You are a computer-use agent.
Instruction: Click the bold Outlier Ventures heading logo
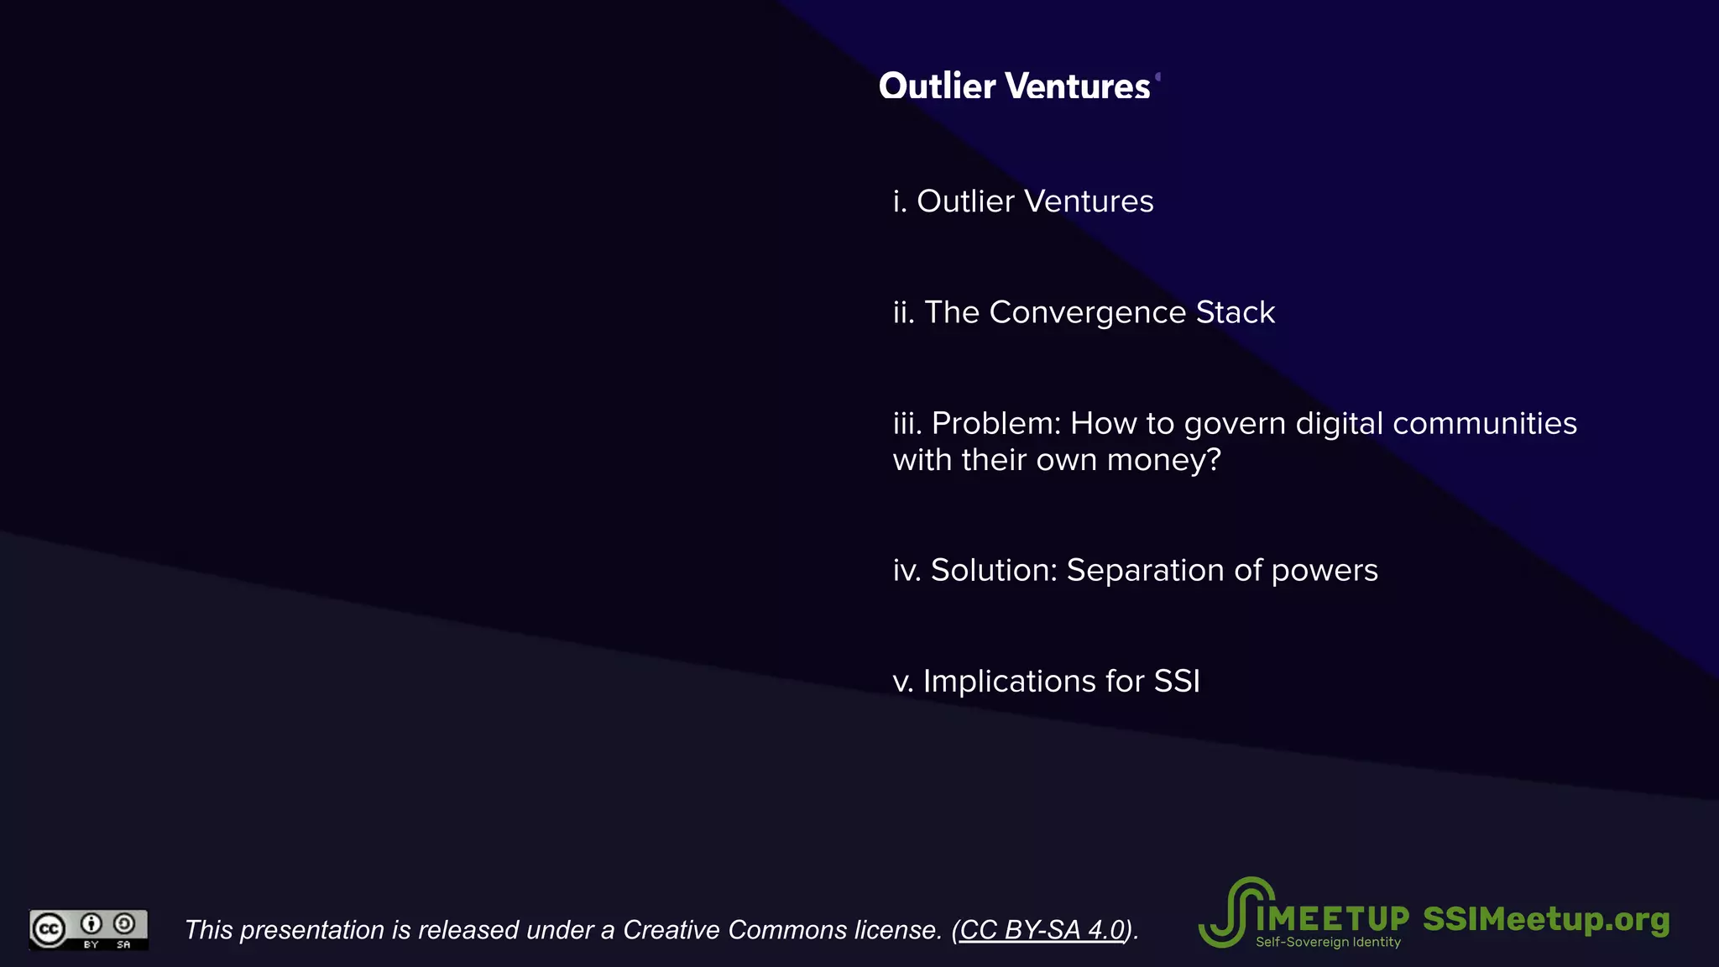pyautogui.click(x=1014, y=86)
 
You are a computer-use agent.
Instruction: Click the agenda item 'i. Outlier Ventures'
pyautogui.click(x=1022, y=201)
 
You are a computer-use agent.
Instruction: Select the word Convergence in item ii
pyautogui.click(x=1087, y=312)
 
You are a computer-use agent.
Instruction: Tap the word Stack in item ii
pyautogui.click(x=1235, y=312)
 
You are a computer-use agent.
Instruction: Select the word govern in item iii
pyautogui.click(x=1235, y=424)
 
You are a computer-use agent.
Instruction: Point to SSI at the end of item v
pyautogui.click(x=1177, y=682)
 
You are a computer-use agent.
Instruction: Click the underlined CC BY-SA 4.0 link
pyautogui.click(x=1042, y=930)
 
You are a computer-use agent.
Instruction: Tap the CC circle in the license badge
pyautogui.click(x=49, y=929)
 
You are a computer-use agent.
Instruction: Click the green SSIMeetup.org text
pyautogui.click(x=1546, y=919)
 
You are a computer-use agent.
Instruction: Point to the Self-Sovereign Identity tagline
pyautogui.click(x=1328, y=943)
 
